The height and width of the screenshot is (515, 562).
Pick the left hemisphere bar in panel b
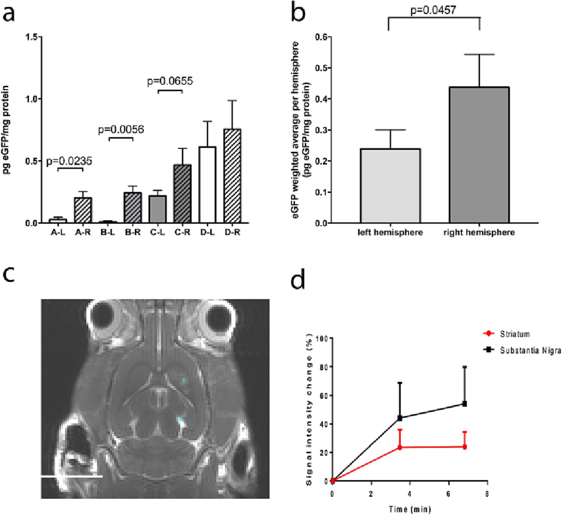[390, 186]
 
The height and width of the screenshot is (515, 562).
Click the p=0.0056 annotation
[121, 130]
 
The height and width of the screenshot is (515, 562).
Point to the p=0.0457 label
[433, 10]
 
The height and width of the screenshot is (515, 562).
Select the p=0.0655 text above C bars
[170, 81]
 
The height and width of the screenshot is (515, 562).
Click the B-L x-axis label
[108, 232]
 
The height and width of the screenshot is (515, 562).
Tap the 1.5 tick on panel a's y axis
[32, 37]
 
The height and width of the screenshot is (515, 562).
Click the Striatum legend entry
[515, 334]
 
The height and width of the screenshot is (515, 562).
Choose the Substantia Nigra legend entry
[530, 350]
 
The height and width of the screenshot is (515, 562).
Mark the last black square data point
[465, 404]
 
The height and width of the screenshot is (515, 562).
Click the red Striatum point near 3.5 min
[400, 448]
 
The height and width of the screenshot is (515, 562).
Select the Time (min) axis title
[410, 509]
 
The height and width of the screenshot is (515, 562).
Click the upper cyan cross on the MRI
[184, 380]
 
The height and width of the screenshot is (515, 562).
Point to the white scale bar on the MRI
[72, 476]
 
